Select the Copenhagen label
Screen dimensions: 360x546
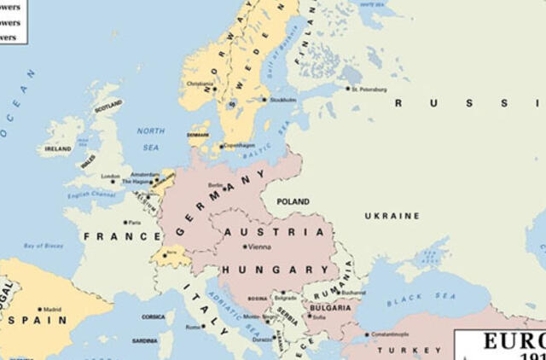coord(240,146)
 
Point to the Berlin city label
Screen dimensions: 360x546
coord(215,184)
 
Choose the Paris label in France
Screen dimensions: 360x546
coord(134,223)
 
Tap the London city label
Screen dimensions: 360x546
coord(110,177)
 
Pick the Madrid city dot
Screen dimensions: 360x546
coord(39,310)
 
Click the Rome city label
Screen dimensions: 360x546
coord(193,326)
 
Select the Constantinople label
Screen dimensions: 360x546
coord(390,334)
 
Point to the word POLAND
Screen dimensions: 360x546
coord(293,202)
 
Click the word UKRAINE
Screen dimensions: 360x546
coord(392,216)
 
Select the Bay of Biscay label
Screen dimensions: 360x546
coord(43,246)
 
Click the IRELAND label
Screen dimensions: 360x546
coord(58,148)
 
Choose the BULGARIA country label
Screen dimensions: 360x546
coord(328,307)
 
